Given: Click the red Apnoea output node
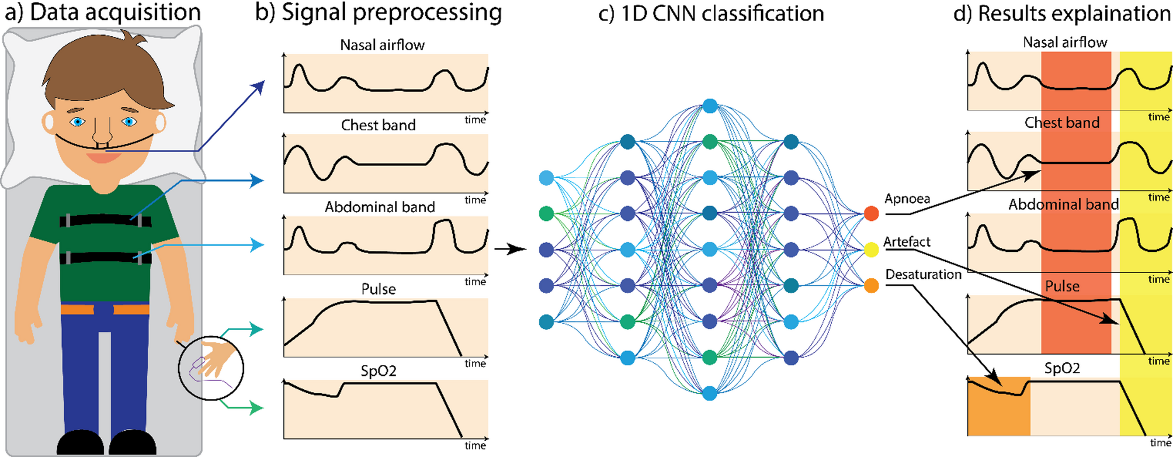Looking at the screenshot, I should (x=871, y=213).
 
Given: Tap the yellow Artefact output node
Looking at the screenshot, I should (x=871, y=250).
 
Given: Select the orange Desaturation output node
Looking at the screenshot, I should (x=871, y=286).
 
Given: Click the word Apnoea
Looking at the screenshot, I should (x=907, y=199).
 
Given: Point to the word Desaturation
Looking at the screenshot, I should (x=923, y=274).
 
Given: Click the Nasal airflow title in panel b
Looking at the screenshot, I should (x=382, y=45).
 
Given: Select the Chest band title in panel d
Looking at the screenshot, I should (x=1061, y=123).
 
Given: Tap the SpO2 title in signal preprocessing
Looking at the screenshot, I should (x=378, y=371).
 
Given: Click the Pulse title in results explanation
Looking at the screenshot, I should (x=1061, y=286).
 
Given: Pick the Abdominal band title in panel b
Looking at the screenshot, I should (x=380, y=207).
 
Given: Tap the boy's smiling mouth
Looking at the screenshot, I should (x=103, y=156).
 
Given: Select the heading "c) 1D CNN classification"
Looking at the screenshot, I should (x=711, y=13).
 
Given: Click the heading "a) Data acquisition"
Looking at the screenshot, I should (x=103, y=12).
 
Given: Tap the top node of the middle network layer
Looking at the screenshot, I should (x=710, y=106).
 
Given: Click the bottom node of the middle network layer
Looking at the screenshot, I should (x=710, y=393).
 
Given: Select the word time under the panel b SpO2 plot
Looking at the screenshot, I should (x=475, y=445).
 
